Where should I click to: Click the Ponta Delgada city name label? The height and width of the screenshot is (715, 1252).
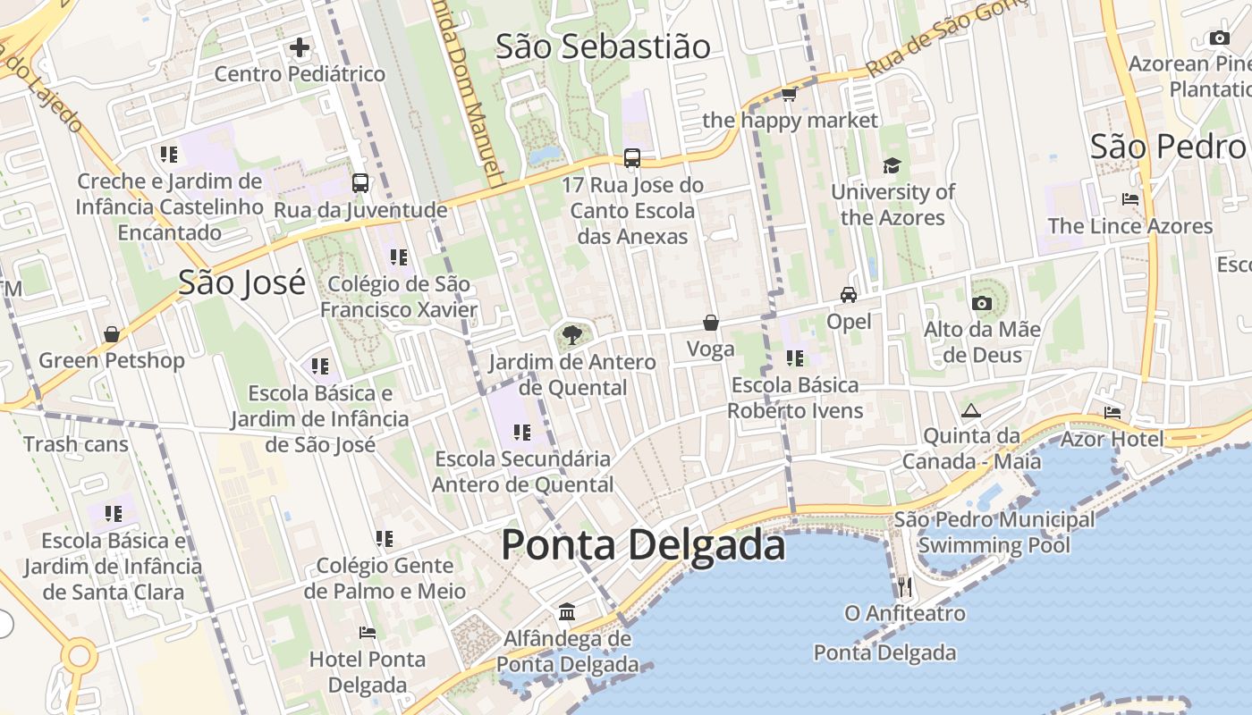(643, 545)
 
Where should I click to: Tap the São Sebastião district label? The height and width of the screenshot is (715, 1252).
(603, 46)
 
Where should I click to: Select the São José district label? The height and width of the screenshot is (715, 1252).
(241, 282)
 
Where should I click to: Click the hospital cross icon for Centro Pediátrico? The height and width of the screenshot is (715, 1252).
(300, 47)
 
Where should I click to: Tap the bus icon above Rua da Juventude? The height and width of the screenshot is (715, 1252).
(360, 183)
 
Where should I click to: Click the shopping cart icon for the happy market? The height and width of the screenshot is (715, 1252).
(789, 94)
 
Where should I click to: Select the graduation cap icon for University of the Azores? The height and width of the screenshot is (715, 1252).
(892, 165)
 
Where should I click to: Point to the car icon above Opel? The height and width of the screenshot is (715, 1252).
(848, 294)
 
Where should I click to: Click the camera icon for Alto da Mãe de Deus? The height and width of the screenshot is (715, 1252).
(982, 303)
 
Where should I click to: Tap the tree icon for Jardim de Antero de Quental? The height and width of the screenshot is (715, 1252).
(571, 336)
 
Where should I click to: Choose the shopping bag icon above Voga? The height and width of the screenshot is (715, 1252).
(710, 323)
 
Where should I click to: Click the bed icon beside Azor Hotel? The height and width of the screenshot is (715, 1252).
(1112, 412)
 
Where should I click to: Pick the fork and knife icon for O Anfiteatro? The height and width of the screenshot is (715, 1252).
(905, 587)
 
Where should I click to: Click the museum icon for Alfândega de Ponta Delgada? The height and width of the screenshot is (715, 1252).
(567, 612)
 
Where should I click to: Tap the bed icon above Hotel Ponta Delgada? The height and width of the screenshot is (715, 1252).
(367, 633)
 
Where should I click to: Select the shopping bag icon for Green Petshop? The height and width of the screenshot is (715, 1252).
(112, 334)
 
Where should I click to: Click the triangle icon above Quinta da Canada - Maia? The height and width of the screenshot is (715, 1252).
(971, 411)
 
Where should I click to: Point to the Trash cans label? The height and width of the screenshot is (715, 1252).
(76, 444)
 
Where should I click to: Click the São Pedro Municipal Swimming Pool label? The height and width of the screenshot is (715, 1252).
(994, 532)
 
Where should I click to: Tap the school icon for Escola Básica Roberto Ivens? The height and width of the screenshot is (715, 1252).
(794, 358)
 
